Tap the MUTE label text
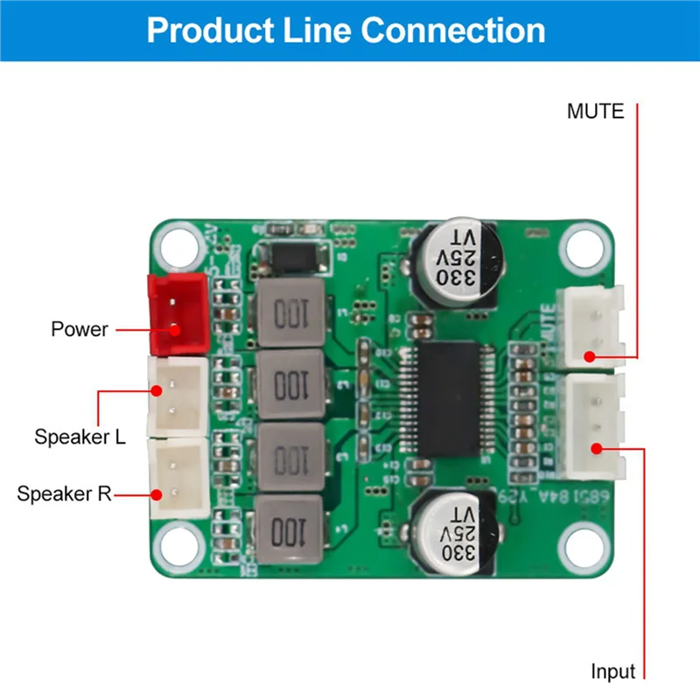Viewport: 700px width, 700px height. point(595,112)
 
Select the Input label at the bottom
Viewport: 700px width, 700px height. point(612,672)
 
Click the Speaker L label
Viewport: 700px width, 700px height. point(80,437)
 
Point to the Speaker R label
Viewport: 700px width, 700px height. point(65,493)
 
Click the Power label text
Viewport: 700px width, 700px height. point(80,330)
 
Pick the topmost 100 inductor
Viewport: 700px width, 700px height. point(290,312)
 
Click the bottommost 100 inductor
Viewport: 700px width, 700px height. point(290,529)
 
